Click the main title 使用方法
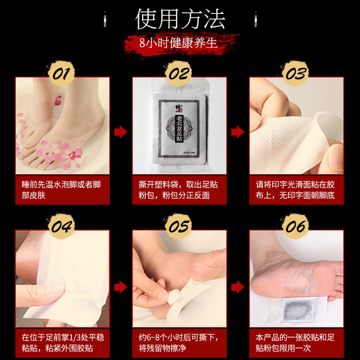[180, 19]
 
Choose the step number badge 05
[179, 226]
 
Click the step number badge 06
[296, 226]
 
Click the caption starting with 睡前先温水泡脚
[63, 190]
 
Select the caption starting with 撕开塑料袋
[180, 190]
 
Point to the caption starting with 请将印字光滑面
[297, 190]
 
